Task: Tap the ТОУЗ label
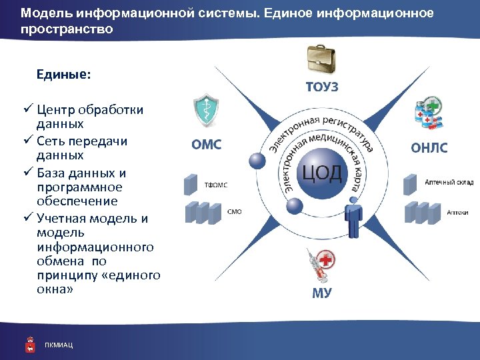[322, 87]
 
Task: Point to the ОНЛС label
[429, 147]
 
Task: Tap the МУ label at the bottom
[321, 293]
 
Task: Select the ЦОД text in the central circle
[322, 174]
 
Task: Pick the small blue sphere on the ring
[256, 161]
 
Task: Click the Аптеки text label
[457, 212]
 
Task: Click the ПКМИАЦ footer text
[59, 345]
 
